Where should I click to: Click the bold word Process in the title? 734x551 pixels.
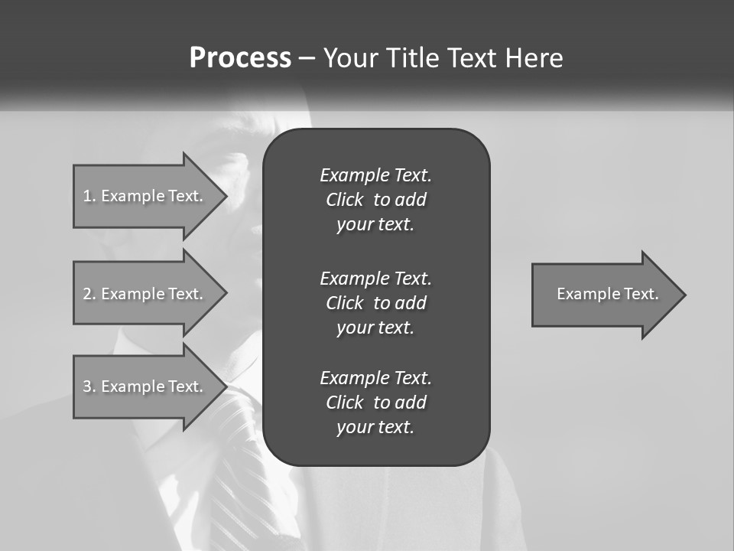(240, 58)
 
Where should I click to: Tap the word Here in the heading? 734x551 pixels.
(534, 58)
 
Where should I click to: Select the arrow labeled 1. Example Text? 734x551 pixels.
(145, 196)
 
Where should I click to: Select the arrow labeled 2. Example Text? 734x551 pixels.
(145, 294)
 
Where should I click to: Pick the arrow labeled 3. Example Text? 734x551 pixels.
(145, 386)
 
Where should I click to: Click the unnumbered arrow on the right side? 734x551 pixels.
(604, 295)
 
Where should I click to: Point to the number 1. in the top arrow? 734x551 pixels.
(89, 196)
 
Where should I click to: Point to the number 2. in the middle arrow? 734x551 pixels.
(89, 294)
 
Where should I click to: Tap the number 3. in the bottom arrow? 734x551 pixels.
(89, 386)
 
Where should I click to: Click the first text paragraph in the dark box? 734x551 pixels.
(375, 200)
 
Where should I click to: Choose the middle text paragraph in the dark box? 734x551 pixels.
(375, 303)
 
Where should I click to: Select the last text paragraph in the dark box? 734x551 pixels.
(375, 403)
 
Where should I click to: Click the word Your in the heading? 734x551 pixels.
(352, 58)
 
